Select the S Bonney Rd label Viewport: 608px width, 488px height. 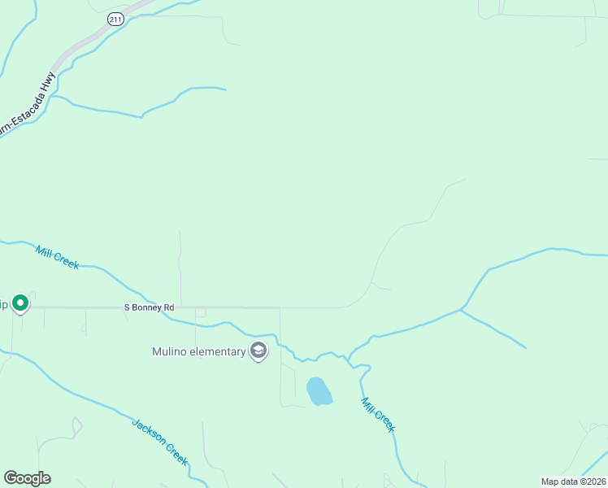[x=149, y=307]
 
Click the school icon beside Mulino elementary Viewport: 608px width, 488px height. [x=258, y=351]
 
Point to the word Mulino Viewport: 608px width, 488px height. [x=170, y=352]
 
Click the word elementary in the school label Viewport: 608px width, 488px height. [x=217, y=352]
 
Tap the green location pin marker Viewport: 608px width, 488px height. [x=20, y=303]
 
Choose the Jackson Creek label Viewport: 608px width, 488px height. [x=160, y=442]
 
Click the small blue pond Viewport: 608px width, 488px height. [x=319, y=391]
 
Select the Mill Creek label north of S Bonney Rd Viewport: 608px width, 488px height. [x=57, y=257]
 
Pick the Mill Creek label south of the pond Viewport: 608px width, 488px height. [x=378, y=414]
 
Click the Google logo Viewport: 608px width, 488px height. [x=27, y=478]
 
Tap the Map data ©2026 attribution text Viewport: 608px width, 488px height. [x=573, y=481]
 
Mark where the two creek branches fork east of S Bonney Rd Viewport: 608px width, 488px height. [x=461, y=309]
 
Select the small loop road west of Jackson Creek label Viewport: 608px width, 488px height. [x=77, y=425]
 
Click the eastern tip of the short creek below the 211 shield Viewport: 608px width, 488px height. [x=225, y=89]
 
